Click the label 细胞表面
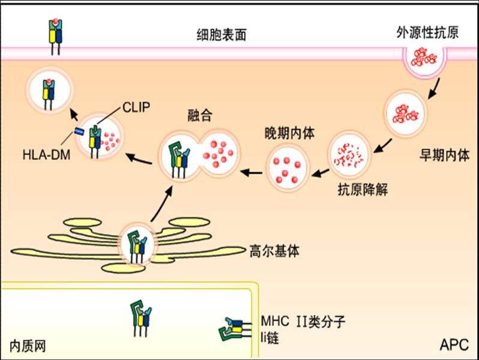click(x=221, y=35)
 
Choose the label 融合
click(x=200, y=115)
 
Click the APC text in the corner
click(x=454, y=345)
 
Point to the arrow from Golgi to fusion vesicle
click(x=159, y=206)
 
